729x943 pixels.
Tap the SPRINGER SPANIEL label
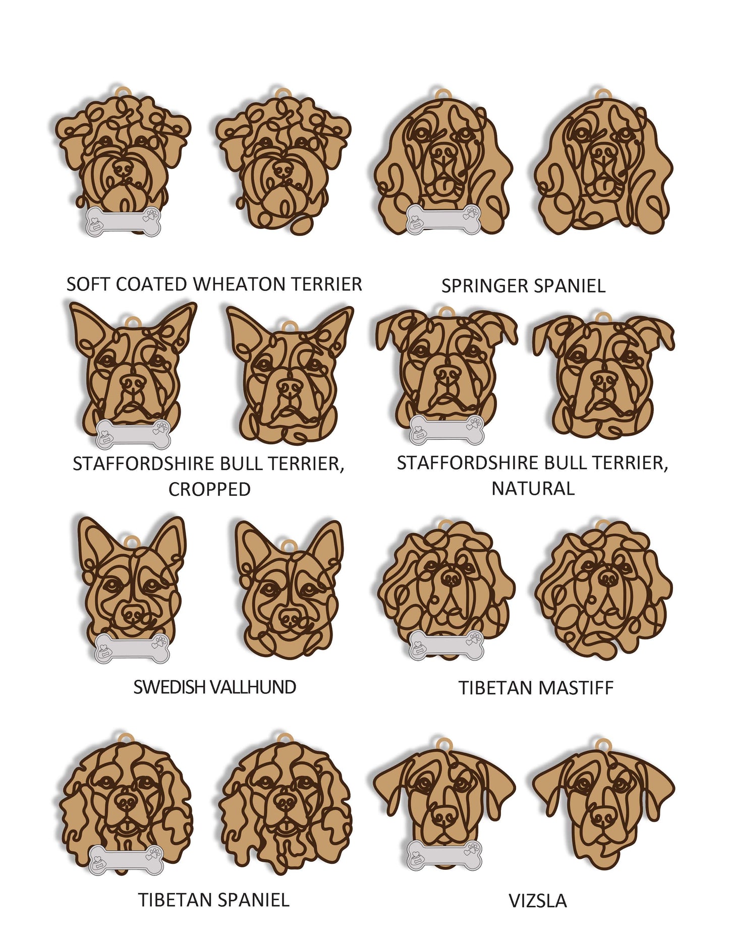coord(523,286)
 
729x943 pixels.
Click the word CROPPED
coord(209,489)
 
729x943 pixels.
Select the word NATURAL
coord(533,488)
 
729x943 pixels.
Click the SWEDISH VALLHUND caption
coord(214,687)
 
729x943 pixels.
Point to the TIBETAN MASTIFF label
coord(536,688)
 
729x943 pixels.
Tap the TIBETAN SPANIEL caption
coord(214,900)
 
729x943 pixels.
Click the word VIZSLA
coord(537,901)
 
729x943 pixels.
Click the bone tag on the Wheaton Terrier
coord(124,221)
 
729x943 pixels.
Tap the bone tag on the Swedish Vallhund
coord(132,648)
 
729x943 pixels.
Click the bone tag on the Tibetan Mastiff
coord(446,644)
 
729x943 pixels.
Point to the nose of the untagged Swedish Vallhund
coord(290,617)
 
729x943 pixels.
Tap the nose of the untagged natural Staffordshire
coord(604,379)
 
